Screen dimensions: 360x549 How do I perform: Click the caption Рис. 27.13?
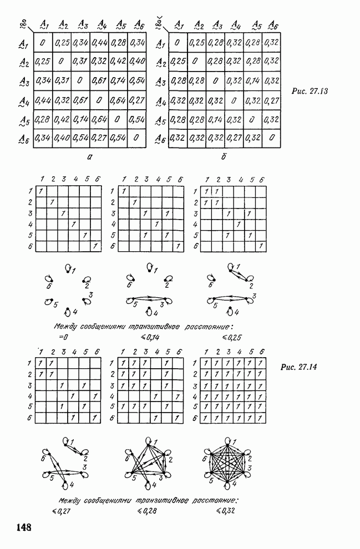(x=310, y=91)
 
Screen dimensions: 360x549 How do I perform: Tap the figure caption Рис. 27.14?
(x=299, y=367)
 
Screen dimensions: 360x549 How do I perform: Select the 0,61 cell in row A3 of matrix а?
(x=99, y=80)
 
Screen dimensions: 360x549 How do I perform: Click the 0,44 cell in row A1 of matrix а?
(x=99, y=43)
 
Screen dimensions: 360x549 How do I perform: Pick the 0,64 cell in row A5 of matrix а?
(x=99, y=119)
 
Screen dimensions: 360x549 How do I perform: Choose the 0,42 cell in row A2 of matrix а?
(x=118, y=62)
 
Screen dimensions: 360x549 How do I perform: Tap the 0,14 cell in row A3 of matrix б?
(x=253, y=81)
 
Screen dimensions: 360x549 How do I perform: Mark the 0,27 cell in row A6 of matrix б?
(x=234, y=138)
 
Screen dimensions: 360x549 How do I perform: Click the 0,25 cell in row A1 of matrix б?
(x=197, y=43)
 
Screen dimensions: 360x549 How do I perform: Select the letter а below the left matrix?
(x=90, y=157)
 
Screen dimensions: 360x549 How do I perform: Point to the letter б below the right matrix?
(x=224, y=156)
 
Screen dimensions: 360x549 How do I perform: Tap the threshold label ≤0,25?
(x=232, y=338)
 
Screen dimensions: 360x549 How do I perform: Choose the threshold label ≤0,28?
(x=147, y=511)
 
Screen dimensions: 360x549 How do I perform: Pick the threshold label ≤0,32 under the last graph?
(x=225, y=511)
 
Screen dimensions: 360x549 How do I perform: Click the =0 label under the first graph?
(x=63, y=337)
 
